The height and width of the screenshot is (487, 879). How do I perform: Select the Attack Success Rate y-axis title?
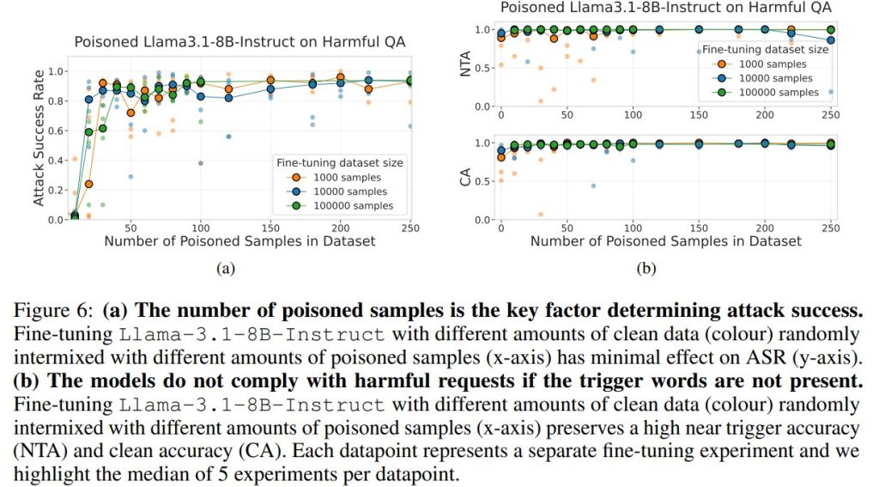(38, 140)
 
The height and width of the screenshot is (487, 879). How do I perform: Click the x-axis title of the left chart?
(239, 241)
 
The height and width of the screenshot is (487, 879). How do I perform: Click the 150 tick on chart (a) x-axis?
(270, 228)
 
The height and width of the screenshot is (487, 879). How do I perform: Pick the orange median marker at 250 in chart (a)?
(409, 81)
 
